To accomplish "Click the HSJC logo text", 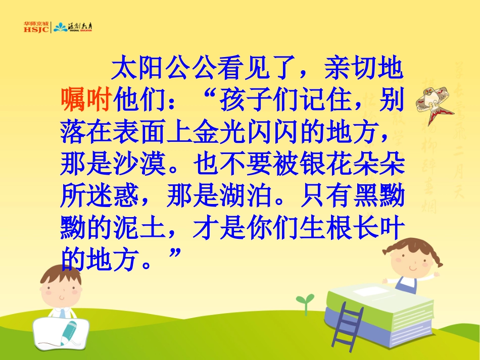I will point(36,29).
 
